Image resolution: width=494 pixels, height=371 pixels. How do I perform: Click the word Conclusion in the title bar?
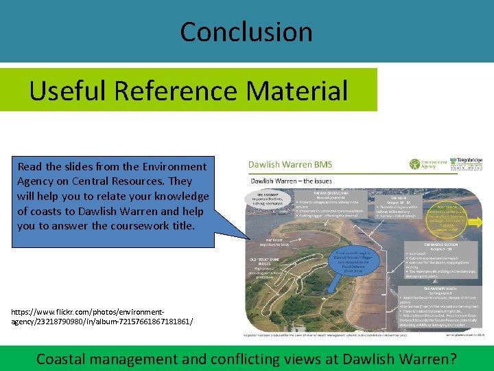246,32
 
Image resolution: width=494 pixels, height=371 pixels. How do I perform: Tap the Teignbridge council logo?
467,164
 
